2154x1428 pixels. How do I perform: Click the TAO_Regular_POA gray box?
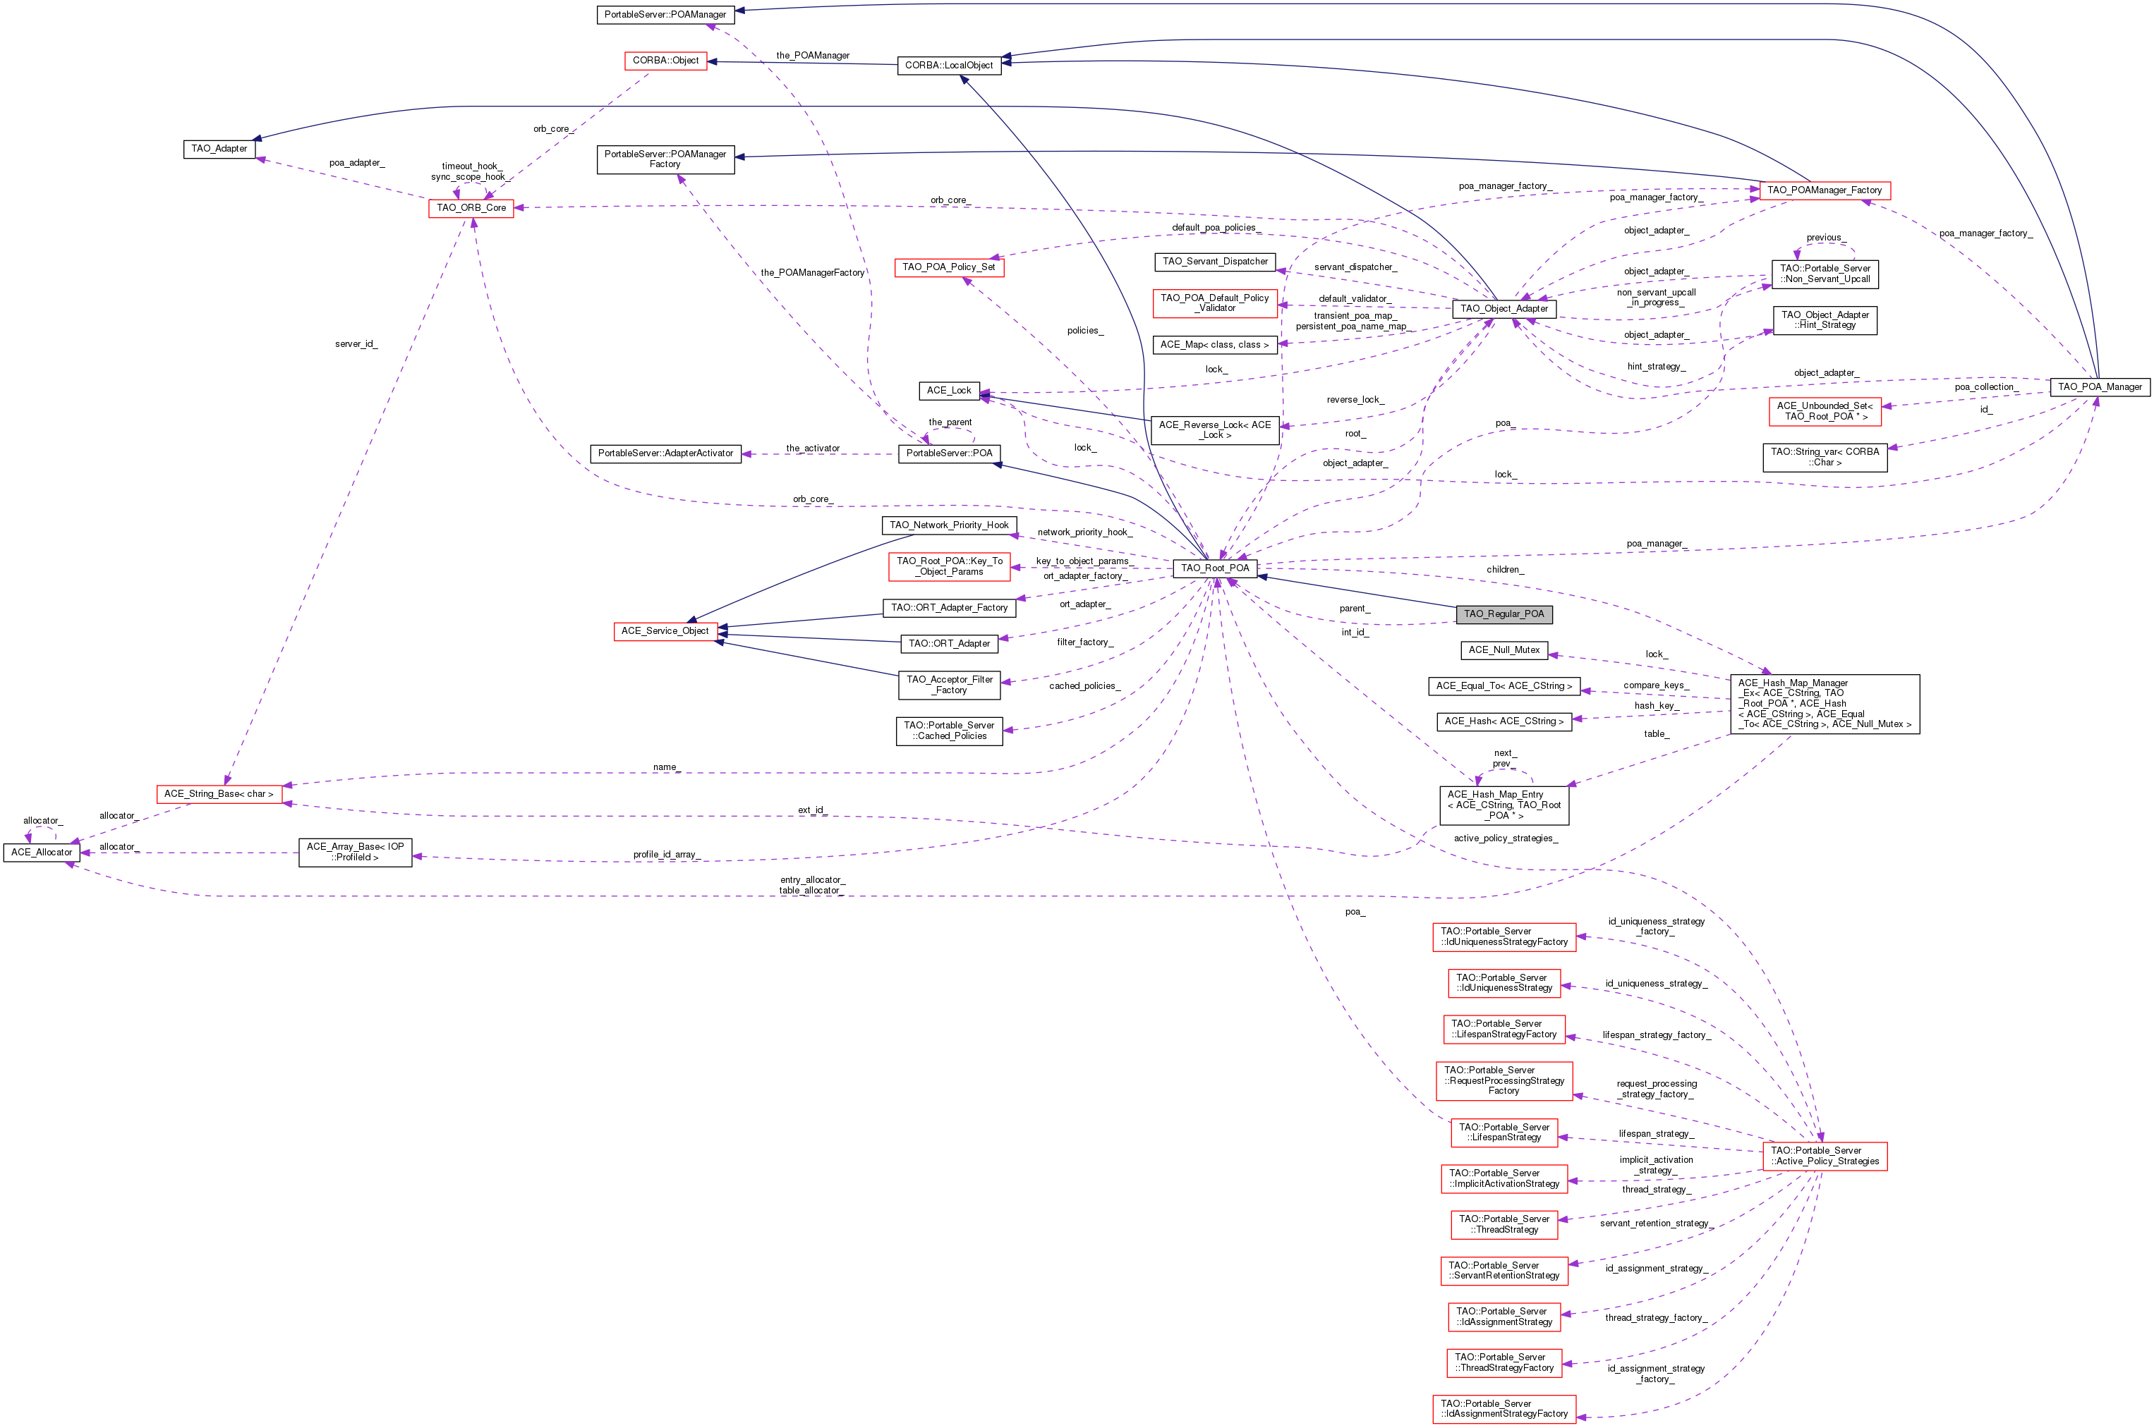pos(1503,614)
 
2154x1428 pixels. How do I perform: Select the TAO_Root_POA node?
pos(1215,568)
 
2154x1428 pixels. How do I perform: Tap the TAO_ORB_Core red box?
pos(471,207)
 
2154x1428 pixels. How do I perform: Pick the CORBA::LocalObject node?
pos(948,66)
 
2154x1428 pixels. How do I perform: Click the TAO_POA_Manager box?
pos(2100,387)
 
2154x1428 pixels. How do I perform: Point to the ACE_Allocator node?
pos(42,853)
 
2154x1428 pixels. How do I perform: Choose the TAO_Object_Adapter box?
pos(1503,309)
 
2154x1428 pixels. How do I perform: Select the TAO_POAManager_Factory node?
pos(1824,190)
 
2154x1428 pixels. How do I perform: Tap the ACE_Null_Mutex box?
pos(1503,650)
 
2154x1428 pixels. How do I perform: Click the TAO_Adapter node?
pos(219,149)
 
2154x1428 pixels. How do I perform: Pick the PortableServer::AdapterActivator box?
pos(665,453)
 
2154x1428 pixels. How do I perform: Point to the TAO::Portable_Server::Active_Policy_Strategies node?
pos(1824,1156)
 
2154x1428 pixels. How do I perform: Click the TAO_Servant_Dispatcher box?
pos(1215,262)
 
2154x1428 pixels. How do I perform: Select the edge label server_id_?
pos(356,344)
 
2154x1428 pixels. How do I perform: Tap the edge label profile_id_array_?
pos(666,854)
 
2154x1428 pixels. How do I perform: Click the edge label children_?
pos(1504,569)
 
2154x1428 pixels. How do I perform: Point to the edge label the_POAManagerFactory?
pos(812,272)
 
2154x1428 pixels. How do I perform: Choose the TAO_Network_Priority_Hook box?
pos(948,525)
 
